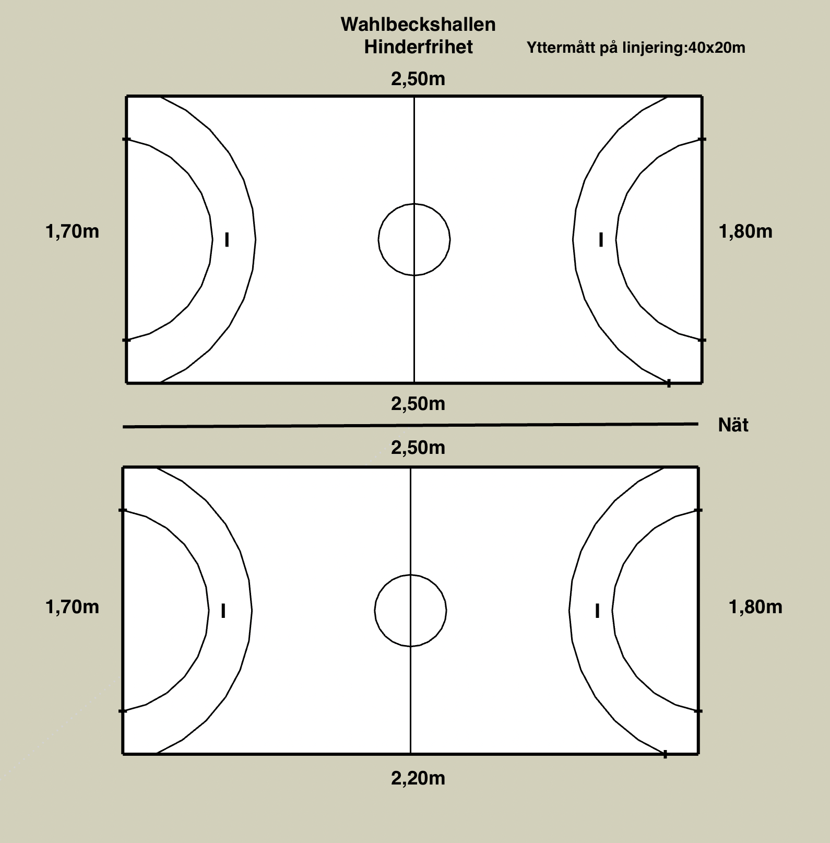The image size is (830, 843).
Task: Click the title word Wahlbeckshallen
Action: (x=418, y=25)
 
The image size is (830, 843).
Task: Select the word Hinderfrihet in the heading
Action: (x=418, y=47)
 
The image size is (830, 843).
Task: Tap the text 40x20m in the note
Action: (x=717, y=48)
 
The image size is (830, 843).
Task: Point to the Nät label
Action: (x=733, y=425)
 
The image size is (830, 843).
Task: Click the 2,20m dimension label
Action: (x=418, y=779)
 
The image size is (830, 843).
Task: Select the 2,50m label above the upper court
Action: (x=418, y=79)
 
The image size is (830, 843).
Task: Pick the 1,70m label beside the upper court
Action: (x=73, y=231)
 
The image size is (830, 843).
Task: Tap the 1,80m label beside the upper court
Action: (x=745, y=231)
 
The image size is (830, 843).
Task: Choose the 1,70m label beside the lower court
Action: (x=73, y=607)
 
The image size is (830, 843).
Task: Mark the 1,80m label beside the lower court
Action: (x=755, y=607)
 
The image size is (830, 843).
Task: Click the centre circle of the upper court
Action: (x=414, y=240)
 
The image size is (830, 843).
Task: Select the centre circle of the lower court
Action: (x=411, y=611)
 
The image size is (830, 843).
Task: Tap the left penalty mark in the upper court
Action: (x=227, y=240)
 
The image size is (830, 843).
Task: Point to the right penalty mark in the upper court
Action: (x=601, y=240)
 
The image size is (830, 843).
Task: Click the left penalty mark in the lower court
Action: (x=223, y=611)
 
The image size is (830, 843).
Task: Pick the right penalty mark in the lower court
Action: (x=597, y=611)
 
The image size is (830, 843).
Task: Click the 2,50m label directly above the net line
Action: (x=418, y=404)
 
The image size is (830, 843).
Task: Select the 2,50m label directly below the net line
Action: (x=418, y=448)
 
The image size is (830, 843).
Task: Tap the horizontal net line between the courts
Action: (x=411, y=426)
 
